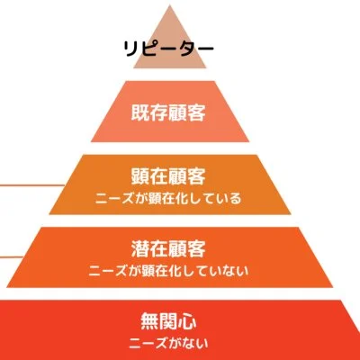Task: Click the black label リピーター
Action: click(x=168, y=49)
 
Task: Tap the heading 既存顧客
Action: click(x=168, y=112)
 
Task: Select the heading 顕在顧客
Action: click(x=168, y=176)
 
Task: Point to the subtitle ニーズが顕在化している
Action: click(x=168, y=198)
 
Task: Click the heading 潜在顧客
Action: click(x=168, y=248)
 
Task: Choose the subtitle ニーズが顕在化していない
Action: click(x=168, y=271)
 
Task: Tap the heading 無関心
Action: click(x=168, y=321)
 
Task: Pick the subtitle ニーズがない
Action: click(x=168, y=343)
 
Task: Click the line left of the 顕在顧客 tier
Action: click(x=32, y=185)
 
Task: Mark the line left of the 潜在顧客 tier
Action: click(x=12, y=257)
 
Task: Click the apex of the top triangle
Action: click(x=170, y=4)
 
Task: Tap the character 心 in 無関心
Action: click(x=188, y=321)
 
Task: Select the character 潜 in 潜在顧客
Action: click(x=140, y=248)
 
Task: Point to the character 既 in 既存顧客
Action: click(x=140, y=112)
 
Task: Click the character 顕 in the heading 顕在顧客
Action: click(x=140, y=176)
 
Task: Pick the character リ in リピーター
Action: click(x=130, y=49)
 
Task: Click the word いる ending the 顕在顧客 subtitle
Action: click(x=230, y=198)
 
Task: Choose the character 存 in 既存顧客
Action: click(x=159, y=112)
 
